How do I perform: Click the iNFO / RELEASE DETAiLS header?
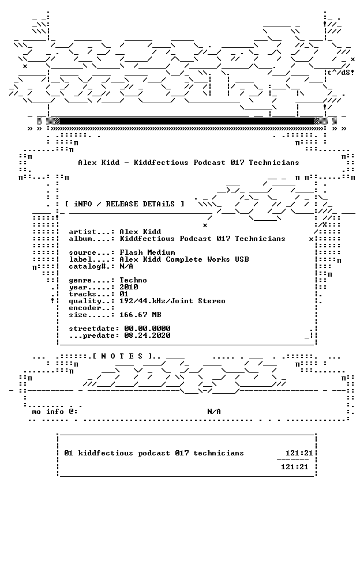125,204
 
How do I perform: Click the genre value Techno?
133,280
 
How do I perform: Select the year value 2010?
129,287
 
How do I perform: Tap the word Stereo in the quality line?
212,301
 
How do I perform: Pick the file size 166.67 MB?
140,315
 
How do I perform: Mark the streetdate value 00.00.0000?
147,329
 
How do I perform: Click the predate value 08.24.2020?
147,336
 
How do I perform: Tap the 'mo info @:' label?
55,412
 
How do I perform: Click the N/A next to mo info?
214,412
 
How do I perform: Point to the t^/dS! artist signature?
341,73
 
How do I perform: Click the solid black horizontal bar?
186,120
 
